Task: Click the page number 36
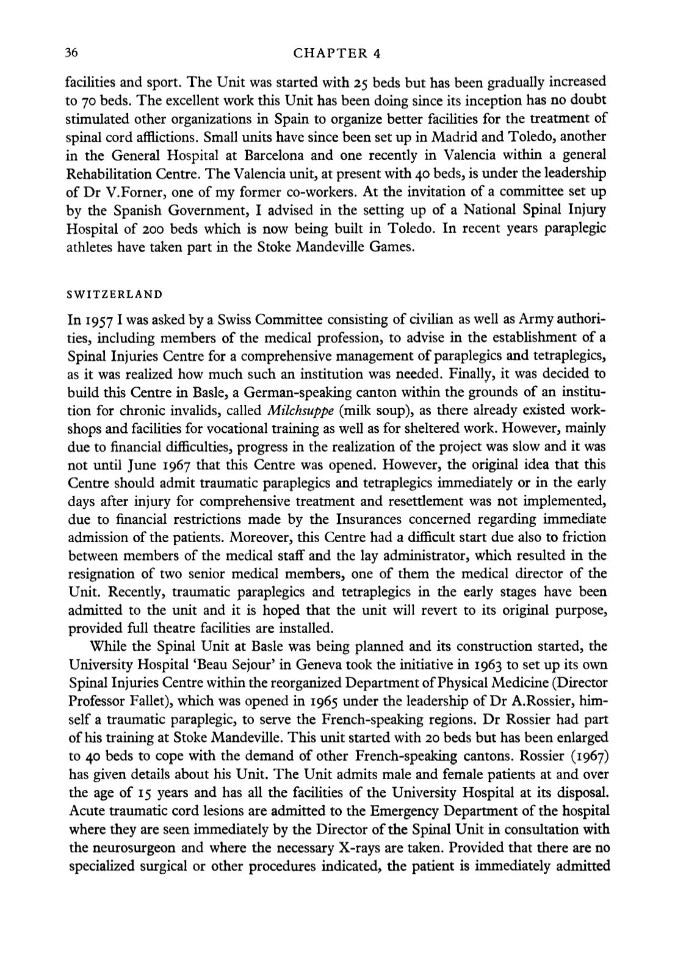pos(73,53)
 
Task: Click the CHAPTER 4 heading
pos(337,53)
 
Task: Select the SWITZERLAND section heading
pos(114,294)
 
